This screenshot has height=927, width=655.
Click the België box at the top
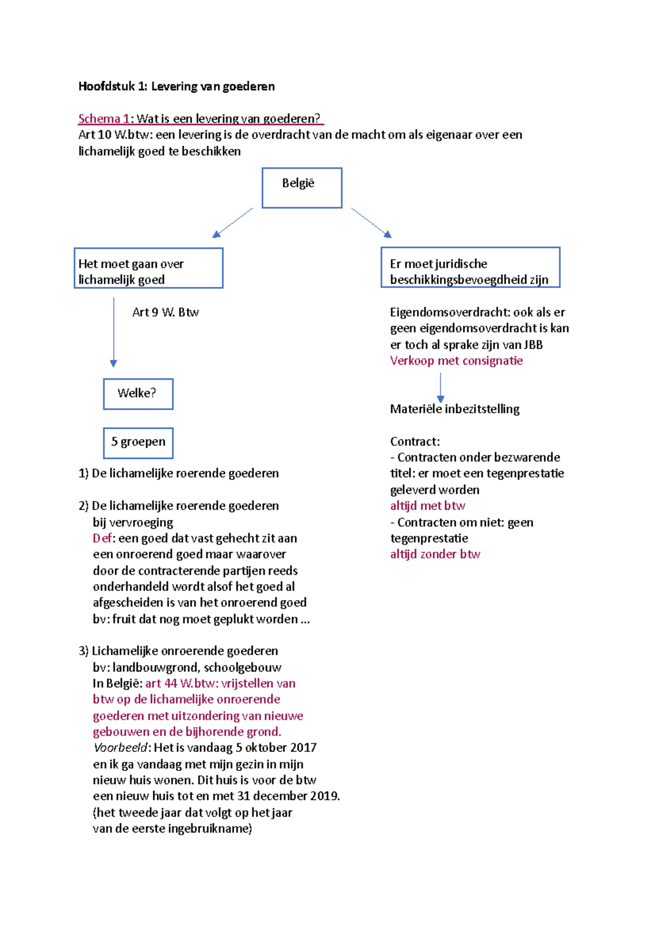[302, 187]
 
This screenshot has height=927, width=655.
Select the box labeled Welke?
[138, 394]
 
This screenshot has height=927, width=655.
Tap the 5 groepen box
[138, 443]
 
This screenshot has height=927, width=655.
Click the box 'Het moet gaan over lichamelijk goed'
[148, 268]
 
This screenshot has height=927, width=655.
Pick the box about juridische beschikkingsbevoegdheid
[470, 267]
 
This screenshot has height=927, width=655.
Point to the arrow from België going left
[233, 222]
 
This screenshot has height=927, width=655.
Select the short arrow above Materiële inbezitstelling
[440, 387]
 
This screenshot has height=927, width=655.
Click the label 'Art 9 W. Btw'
[165, 312]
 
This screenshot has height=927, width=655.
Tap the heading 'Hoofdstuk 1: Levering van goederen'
[176, 86]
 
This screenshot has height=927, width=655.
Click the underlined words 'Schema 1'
[104, 118]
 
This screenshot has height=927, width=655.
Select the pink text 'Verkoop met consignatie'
[456, 361]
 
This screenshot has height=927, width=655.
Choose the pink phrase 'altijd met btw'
[427, 506]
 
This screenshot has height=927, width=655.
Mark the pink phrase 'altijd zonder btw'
[435, 554]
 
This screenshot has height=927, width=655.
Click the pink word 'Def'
[102, 538]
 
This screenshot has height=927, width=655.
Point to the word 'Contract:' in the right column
[415, 442]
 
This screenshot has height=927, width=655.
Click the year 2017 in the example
[303, 748]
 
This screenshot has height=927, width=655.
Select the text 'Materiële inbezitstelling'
[455, 409]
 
